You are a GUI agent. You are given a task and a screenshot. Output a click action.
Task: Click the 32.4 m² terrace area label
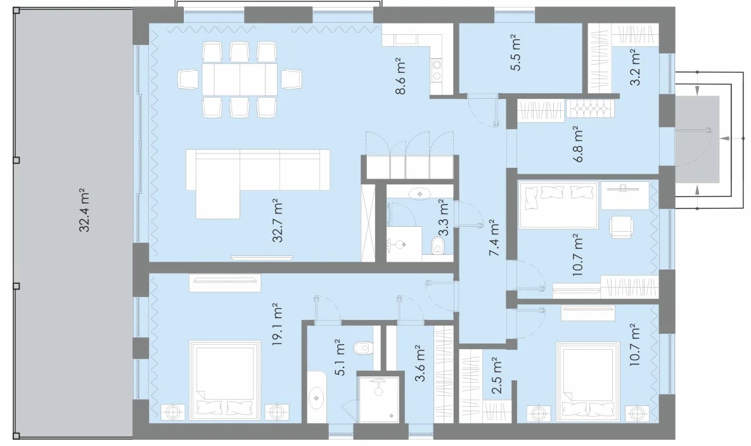pyautogui.click(x=84, y=210)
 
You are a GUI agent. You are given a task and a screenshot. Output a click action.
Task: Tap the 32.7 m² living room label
pyautogui.click(x=278, y=220)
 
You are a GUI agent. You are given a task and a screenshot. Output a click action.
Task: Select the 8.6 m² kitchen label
pyautogui.click(x=401, y=77)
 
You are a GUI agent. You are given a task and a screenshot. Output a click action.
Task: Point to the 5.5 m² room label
pyautogui.click(x=515, y=53)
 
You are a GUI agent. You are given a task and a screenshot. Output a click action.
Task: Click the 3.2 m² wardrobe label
pyautogui.click(x=634, y=68)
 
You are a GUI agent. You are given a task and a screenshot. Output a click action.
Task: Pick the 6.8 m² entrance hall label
pyautogui.click(x=578, y=144)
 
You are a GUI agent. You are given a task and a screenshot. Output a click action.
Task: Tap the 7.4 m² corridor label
pyautogui.click(x=494, y=238)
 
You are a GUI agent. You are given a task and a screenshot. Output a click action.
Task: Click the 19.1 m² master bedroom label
pyautogui.click(x=278, y=324)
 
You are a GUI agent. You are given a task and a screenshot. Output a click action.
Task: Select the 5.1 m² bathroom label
pyautogui.click(x=340, y=357)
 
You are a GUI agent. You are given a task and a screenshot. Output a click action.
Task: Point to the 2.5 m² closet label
pyautogui.click(x=497, y=376)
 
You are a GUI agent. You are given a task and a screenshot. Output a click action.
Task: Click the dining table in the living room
pyautogui.click(x=240, y=79)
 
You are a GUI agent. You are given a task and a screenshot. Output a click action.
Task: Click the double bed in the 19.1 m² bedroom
pyautogui.click(x=225, y=381)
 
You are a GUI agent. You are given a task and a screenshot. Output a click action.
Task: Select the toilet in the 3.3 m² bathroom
pyautogui.click(x=439, y=246)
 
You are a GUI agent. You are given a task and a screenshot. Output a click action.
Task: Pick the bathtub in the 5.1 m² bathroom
pyautogui.click(x=317, y=397)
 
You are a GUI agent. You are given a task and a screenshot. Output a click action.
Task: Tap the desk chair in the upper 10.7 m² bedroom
pyautogui.click(x=621, y=227)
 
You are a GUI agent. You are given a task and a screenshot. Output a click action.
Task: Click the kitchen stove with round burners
pyautogui.click(x=437, y=70)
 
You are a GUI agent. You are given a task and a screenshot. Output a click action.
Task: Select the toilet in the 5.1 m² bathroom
pyautogui.click(x=363, y=348)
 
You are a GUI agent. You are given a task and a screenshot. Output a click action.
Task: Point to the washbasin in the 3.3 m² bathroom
pyautogui.click(x=420, y=194)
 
